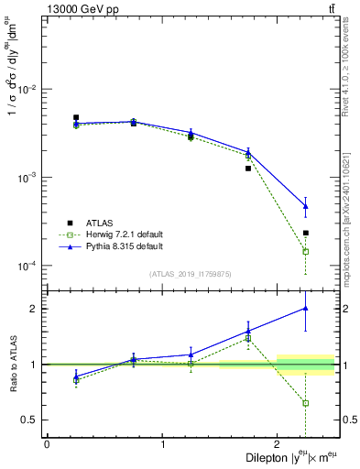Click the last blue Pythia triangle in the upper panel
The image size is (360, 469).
click(306, 206)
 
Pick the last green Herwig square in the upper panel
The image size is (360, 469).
click(306, 251)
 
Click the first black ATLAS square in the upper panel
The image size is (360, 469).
click(76, 117)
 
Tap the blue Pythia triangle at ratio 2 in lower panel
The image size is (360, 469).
click(306, 309)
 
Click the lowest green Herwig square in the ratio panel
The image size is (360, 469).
click(306, 403)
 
